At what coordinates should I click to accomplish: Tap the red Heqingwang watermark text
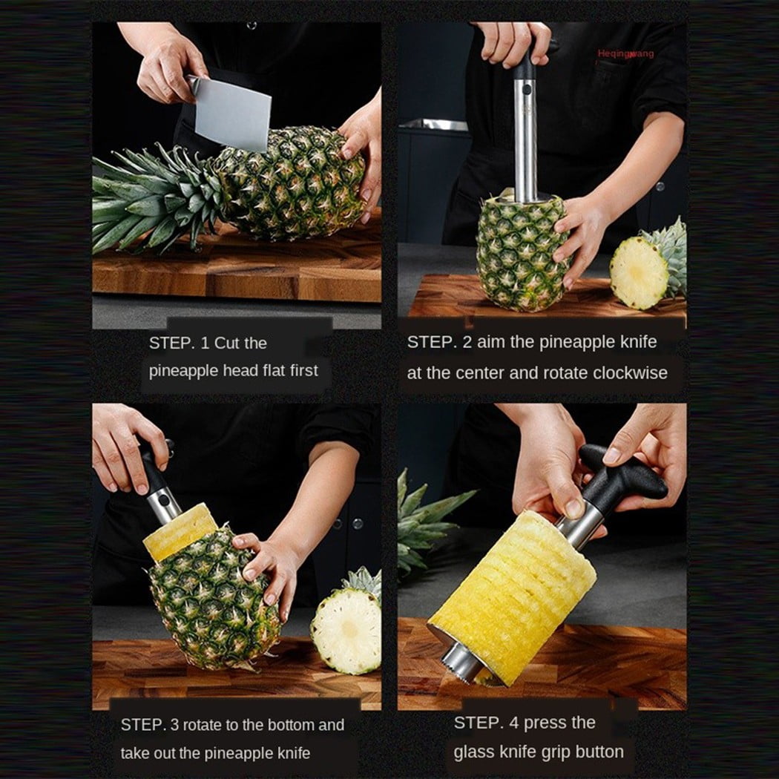pos(625,53)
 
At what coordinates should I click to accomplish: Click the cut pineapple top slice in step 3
pos(346,623)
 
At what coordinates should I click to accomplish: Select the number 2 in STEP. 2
pos(467,342)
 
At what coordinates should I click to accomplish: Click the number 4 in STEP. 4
pos(513,723)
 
